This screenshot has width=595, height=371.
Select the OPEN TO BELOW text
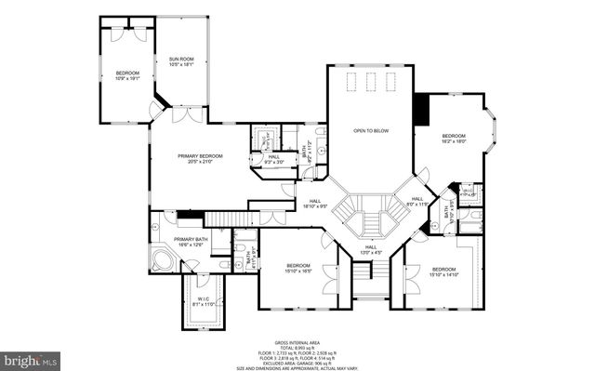[370, 131]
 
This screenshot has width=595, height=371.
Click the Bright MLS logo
[31, 357]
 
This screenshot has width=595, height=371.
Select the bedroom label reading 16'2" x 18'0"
[454, 139]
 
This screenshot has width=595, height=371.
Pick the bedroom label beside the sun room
[127, 75]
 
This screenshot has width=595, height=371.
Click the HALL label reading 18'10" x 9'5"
[316, 204]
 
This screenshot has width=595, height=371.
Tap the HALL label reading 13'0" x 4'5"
[370, 249]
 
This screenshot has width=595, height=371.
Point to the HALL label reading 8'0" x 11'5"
[417, 201]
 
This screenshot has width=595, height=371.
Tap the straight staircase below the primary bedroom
[229, 219]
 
